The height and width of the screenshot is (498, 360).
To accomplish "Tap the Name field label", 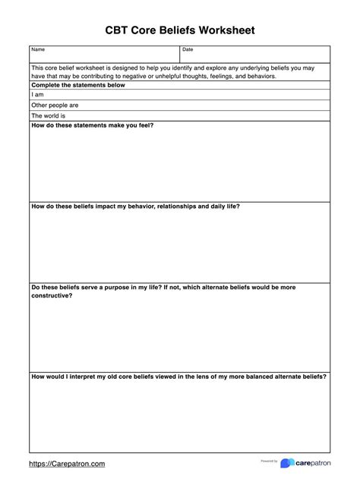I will point(38,50).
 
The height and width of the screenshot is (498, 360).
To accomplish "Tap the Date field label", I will point(188,50).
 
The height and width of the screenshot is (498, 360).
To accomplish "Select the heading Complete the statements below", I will point(78,85).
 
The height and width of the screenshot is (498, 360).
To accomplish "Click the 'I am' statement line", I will point(37,95).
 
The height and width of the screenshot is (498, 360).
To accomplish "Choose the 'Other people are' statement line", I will point(55,106).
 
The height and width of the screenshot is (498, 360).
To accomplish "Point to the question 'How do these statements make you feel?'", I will point(92,125).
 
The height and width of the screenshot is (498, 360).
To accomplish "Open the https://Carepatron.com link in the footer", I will point(67,463).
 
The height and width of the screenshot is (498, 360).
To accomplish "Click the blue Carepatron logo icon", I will point(287,463).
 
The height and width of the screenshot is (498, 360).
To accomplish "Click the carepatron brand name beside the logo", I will point(313,463).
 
